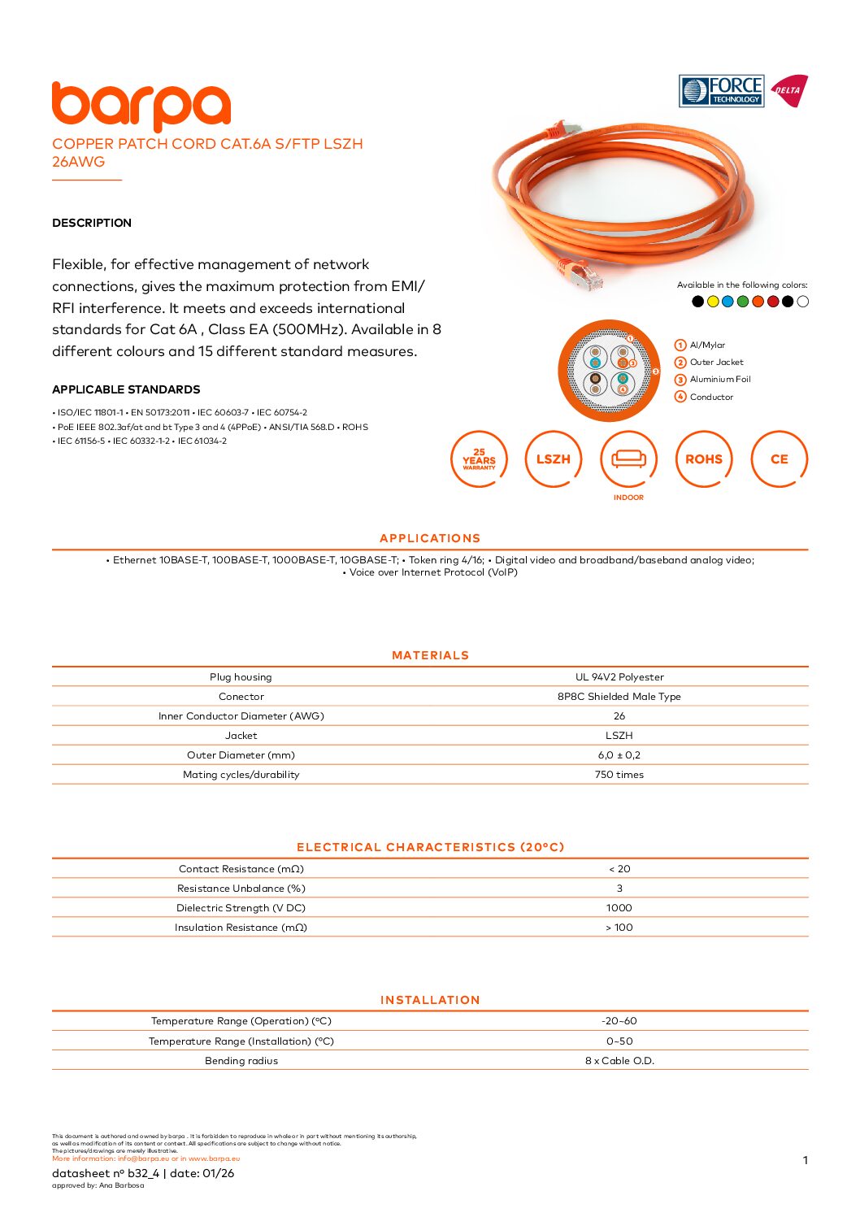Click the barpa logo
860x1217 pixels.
click(141, 106)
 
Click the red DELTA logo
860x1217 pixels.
click(788, 90)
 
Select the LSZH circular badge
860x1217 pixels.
click(554, 459)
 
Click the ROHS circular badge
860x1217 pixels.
click(704, 459)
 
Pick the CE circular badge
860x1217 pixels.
click(779, 459)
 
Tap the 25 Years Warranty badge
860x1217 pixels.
click(479, 459)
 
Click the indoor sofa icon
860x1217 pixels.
click(628, 459)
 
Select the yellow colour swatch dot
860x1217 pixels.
click(713, 302)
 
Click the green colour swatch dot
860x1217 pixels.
click(743, 302)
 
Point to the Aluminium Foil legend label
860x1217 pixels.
click(720, 380)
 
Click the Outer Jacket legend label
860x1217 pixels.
click(716, 363)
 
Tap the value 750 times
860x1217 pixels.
click(619, 775)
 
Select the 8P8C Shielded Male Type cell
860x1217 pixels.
click(619, 697)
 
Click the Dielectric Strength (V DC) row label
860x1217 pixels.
click(241, 908)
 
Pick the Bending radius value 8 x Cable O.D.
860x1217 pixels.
click(619, 1061)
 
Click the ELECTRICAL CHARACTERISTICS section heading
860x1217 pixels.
click(430, 847)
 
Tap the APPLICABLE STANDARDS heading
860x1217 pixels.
click(126, 389)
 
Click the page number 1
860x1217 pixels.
click(805, 1160)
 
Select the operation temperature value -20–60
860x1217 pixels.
click(619, 1021)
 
